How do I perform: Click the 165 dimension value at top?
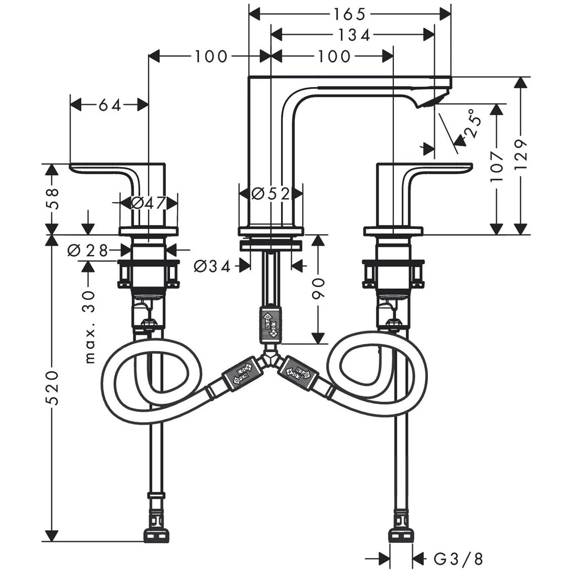pos(350,15)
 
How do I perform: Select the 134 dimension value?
pos(354,35)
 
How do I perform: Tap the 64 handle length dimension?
pos(110,105)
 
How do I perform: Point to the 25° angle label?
pos(472,123)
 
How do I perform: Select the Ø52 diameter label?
pos(271,194)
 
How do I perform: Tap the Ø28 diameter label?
pos(87,251)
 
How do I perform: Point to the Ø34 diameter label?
pos(212,266)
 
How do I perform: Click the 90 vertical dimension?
pos(318,288)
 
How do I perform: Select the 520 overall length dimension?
pos(52,387)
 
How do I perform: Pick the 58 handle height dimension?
pos(53,199)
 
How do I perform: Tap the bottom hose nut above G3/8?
pos(401,534)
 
